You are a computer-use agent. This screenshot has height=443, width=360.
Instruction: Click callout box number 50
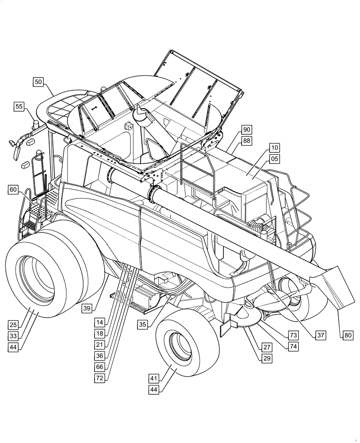pos(38,82)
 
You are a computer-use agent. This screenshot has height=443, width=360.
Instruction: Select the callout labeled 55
pos(19,106)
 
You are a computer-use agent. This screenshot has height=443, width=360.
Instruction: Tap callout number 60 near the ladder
pos(14,190)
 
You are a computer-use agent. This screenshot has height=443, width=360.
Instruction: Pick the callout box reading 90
pos(247,129)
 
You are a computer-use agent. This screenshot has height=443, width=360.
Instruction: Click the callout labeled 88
pos(247,140)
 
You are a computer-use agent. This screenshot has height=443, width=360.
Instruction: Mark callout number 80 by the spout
pos(348,335)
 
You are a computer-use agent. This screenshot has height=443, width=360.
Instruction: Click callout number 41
pos(154,378)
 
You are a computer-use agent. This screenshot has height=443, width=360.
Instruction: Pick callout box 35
pos(142,325)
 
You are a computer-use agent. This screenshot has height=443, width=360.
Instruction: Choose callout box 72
pos(100,378)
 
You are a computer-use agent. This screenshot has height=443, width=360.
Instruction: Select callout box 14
pos(100,323)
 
